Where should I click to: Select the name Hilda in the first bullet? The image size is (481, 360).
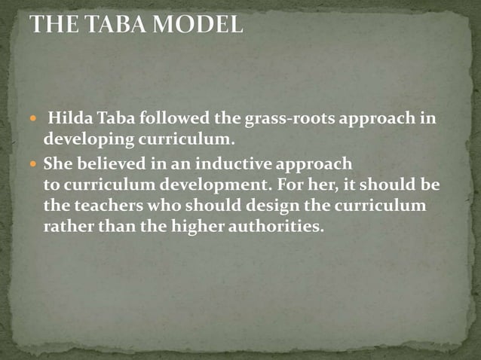pos(67,121)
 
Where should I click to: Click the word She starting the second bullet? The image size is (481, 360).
pos(57,163)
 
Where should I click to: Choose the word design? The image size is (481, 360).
pos(266,206)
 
